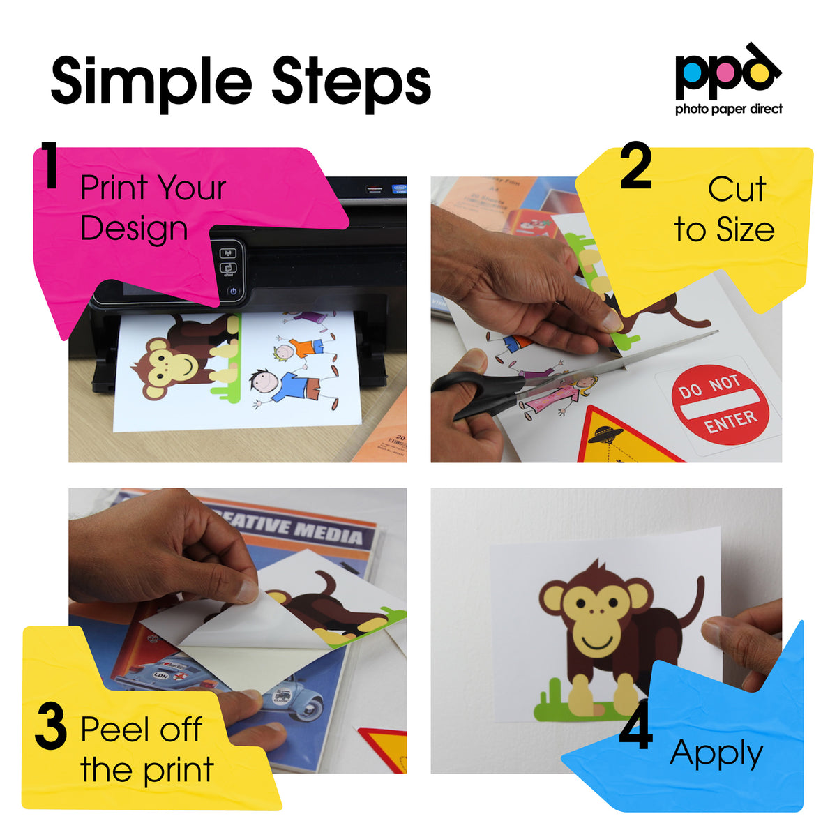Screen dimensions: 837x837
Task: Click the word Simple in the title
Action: [151, 82]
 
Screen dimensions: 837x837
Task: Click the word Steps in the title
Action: [351, 82]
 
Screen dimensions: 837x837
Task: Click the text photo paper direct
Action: [728, 109]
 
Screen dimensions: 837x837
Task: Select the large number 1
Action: [49, 165]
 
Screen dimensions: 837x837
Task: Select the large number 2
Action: [635, 167]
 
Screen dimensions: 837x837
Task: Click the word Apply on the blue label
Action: [716, 754]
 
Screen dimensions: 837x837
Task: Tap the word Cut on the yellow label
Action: [737, 189]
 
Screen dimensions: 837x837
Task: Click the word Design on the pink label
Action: [134, 229]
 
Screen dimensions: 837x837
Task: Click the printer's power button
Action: [233, 292]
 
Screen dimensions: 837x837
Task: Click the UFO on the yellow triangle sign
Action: [605, 436]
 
